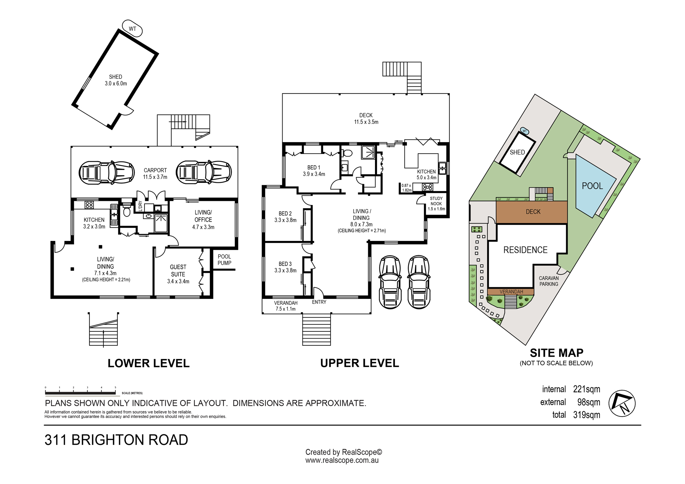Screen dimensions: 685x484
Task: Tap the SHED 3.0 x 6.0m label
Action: tap(116, 80)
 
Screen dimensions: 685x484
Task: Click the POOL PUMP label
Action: tap(224, 260)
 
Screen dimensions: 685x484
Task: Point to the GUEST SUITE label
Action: tap(178, 270)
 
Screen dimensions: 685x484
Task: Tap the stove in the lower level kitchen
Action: tap(89, 205)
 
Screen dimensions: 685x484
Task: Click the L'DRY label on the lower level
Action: tap(140, 205)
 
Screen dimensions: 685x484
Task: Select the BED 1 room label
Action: tap(314, 168)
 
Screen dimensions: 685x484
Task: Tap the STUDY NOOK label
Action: tap(436, 201)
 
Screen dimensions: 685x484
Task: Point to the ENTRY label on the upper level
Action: tap(319, 302)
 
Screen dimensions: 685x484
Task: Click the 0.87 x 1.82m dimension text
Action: tap(407, 188)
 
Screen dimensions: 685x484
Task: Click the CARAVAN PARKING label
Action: tap(549, 281)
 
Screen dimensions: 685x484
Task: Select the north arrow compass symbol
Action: tap(622, 403)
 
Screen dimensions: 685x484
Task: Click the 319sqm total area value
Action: tap(587, 415)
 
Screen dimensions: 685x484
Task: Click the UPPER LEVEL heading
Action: tap(360, 363)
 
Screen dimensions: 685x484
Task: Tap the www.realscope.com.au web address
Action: tap(342, 460)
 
